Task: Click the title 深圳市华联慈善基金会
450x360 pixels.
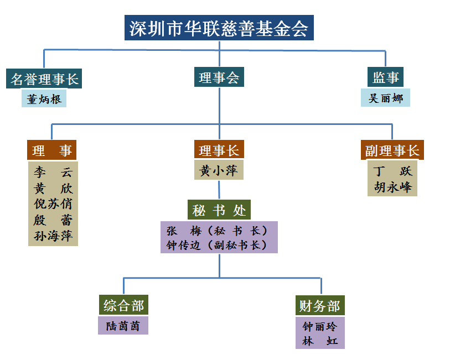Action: (219, 28)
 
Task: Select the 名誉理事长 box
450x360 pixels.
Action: (45, 79)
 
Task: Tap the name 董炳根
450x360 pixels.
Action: (45, 99)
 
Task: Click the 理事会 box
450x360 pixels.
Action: (219, 77)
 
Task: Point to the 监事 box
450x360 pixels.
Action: (386, 77)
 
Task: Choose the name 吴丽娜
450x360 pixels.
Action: (386, 98)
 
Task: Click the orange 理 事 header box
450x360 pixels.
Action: (52, 150)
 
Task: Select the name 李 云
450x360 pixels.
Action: (53, 171)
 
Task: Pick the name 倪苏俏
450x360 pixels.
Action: (53, 204)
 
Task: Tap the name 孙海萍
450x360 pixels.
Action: (53, 236)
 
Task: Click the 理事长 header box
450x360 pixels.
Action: (219, 150)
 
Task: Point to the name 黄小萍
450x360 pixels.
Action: (219, 171)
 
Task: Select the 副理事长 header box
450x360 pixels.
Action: (392, 150)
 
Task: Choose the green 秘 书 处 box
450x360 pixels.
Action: (219, 210)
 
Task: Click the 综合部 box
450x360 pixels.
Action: (123, 306)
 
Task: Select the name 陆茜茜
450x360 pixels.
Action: (123, 326)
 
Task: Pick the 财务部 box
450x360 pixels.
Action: (320, 306)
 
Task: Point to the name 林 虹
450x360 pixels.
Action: (320, 341)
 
